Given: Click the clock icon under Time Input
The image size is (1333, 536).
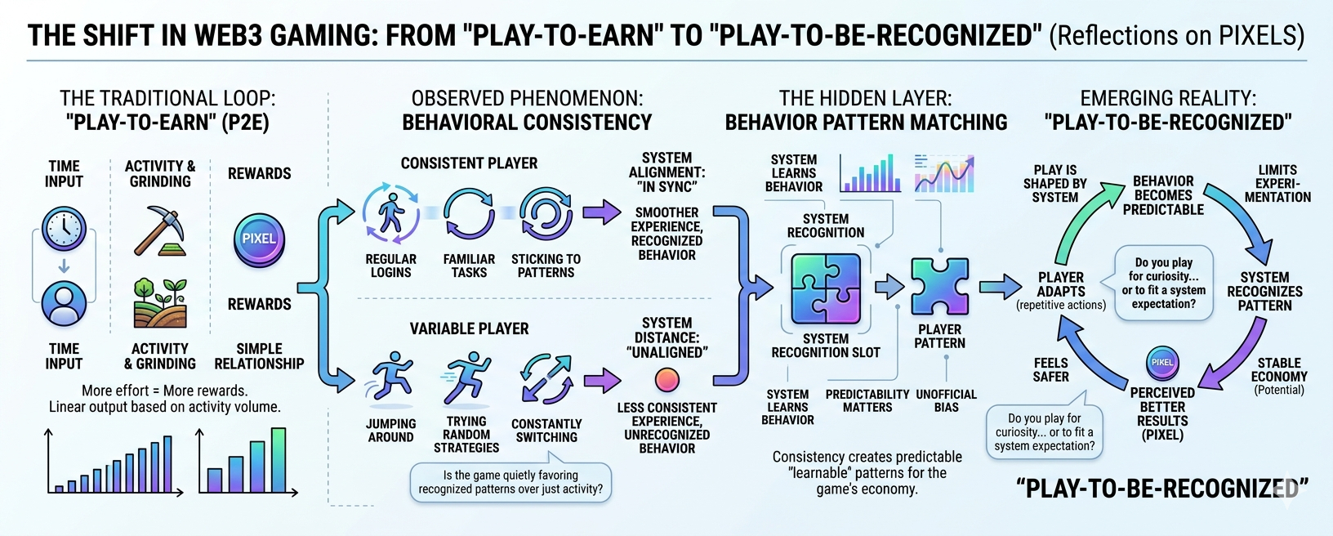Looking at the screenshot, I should pos(64,229).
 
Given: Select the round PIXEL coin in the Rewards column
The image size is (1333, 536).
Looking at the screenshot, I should pos(259,239).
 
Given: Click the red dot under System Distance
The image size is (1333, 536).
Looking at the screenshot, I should pos(667,380).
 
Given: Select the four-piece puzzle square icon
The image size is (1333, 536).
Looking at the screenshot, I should pos(826,288).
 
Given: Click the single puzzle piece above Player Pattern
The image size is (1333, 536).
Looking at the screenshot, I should pos(939,287).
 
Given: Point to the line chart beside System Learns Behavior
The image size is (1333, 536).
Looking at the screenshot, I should pos(944,173).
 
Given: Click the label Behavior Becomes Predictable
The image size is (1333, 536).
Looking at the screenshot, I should pos(1163,195).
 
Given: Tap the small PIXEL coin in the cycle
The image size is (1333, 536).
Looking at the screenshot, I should pos(1161,363).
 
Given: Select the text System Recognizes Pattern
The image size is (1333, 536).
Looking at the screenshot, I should pos(1264,292).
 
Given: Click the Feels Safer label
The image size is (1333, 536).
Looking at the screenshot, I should pos(1050,369).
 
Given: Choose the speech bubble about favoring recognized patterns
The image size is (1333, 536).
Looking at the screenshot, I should pos(510,482).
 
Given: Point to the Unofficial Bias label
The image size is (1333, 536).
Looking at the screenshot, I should pos(946,400).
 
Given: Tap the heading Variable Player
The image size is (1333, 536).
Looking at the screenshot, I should pos(469,328).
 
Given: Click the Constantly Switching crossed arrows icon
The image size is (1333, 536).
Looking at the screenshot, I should pos(546,378).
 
